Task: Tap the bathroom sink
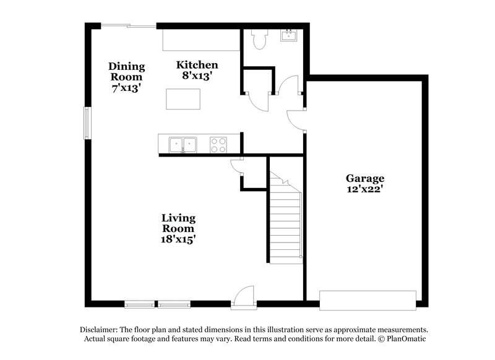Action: point(288,36)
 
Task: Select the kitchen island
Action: point(183,98)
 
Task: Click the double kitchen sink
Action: point(184,145)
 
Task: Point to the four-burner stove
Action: point(218,145)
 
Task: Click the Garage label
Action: point(364,178)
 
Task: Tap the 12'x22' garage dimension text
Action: point(364,189)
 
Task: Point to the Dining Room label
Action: point(126,72)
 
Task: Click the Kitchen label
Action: point(197,64)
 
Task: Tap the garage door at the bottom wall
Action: point(368,299)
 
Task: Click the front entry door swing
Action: point(246,294)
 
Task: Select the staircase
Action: point(285,216)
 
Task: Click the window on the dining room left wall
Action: point(87,123)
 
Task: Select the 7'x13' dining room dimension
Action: point(126,88)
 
